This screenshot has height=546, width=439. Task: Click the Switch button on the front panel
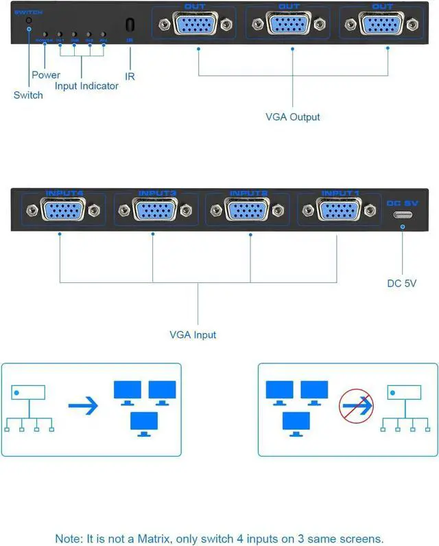[x=28, y=21]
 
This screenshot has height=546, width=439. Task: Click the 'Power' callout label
[x=46, y=75]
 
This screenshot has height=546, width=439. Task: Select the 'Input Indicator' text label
[x=86, y=86]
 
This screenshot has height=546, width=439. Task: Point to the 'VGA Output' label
[x=293, y=117]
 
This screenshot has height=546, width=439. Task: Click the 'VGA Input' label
[x=193, y=335]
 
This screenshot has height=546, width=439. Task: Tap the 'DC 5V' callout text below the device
[x=402, y=283]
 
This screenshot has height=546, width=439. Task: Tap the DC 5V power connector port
[x=402, y=215]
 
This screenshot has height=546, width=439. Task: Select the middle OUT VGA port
[x=293, y=24]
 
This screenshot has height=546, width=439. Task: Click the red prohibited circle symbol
[x=356, y=407]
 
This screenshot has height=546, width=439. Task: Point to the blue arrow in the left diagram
[x=83, y=405]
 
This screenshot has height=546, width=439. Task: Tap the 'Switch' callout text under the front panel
[x=28, y=95]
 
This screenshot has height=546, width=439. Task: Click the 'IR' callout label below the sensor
[x=130, y=76]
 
